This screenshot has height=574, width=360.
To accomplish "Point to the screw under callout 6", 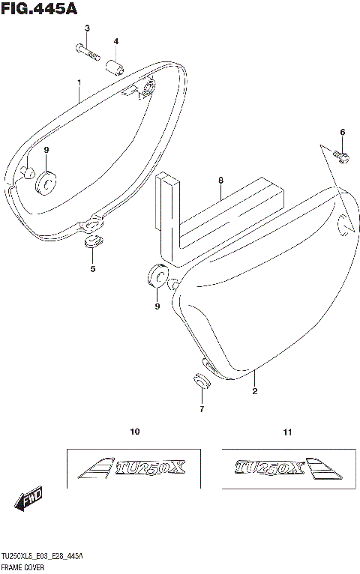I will coord(340,157).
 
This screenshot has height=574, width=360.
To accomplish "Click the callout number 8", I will coord(221,181).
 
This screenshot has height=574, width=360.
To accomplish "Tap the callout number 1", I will coord(78,82).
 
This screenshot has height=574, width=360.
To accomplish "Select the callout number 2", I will coord(254,391).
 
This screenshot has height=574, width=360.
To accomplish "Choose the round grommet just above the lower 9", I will coord(156,277).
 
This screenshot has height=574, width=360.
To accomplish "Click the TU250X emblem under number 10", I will coord(134,468).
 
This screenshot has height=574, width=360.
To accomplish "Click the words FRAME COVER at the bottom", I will coord(23,569).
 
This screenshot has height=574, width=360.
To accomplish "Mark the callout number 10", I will coord(135,432).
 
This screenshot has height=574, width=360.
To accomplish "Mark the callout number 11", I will coord(288,432).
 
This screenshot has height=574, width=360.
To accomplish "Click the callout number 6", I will coord(342,133).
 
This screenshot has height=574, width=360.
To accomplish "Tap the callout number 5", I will coord(93,268).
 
